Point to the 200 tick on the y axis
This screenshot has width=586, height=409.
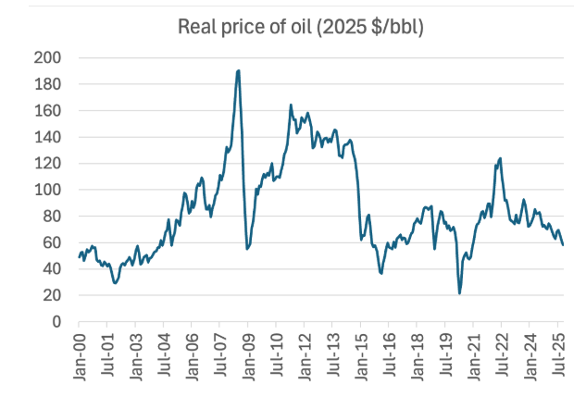(47, 57)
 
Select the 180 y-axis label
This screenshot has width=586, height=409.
(47, 84)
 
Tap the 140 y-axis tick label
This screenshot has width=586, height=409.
(47, 137)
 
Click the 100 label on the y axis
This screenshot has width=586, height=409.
(47, 190)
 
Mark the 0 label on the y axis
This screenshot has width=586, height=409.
(55, 322)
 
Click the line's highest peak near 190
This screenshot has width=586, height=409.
(239, 70)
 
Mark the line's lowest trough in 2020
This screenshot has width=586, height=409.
(459, 293)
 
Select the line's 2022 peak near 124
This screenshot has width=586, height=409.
(500, 158)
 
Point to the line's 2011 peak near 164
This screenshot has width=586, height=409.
(291, 105)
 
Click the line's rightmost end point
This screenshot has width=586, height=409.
(563, 244)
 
